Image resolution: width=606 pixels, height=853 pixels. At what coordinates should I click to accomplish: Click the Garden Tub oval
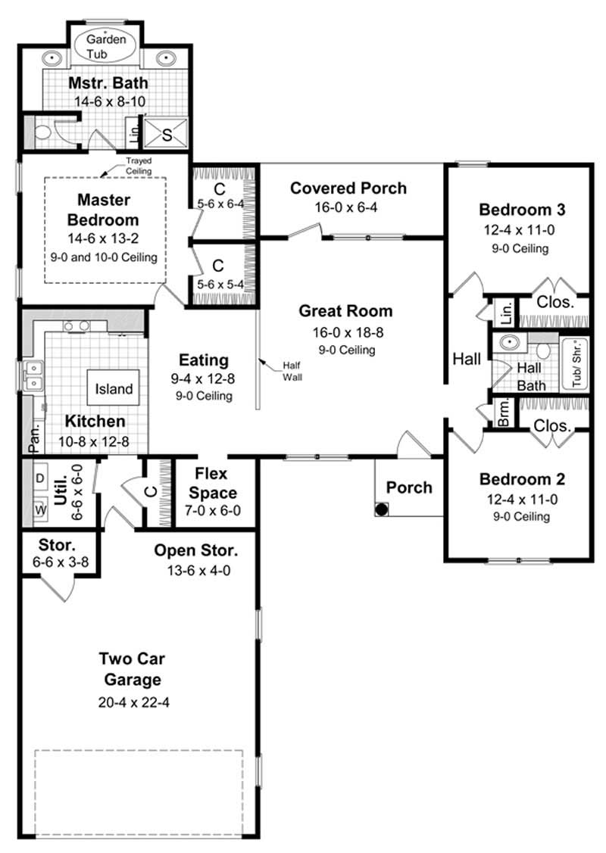pyautogui.click(x=106, y=45)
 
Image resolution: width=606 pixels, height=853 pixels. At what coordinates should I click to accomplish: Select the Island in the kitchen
pyautogui.click(x=114, y=389)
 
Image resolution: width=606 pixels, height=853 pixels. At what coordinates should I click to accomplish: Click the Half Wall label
pyautogui.click(x=292, y=370)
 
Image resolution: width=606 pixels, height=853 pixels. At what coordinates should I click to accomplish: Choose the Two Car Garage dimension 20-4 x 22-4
pyautogui.click(x=133, y=702)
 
